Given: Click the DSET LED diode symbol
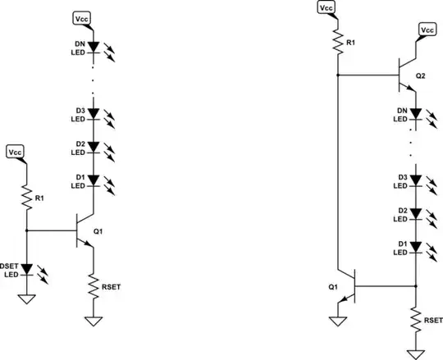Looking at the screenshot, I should pyautogui.click(x=26, y=268).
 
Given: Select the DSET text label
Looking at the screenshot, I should pyautogui.click(x=9, y=265).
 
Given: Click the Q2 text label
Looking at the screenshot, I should pyautogui.click(x=421, y=75).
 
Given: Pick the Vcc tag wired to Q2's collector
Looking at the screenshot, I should pyautogui.click(x=427, y=30).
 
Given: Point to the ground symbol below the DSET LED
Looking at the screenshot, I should pyautogui.click(x=26, y=298).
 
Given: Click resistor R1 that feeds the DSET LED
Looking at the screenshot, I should pyautogui.click(x=26, y=197).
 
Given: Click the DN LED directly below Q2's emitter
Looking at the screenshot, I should pyautogui.click(x=416, y=113).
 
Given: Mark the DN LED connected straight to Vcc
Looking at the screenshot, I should pyautogui.click(x=94, y=48).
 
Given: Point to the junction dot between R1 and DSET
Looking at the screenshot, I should pyautogui.click(x=26, y=231).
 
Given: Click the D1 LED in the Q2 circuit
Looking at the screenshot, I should pyautogui.click(x=416, y=247).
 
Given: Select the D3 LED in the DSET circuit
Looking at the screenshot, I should pyautogui.click(x=94, y=113).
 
